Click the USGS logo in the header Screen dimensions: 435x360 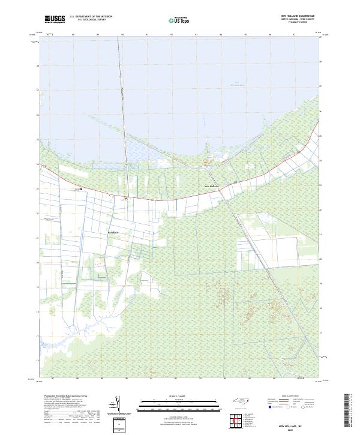(55, 19)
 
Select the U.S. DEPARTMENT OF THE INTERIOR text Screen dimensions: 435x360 (91, 17)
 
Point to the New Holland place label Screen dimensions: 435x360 (213, 187)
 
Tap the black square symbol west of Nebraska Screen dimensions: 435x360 (82, 189)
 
